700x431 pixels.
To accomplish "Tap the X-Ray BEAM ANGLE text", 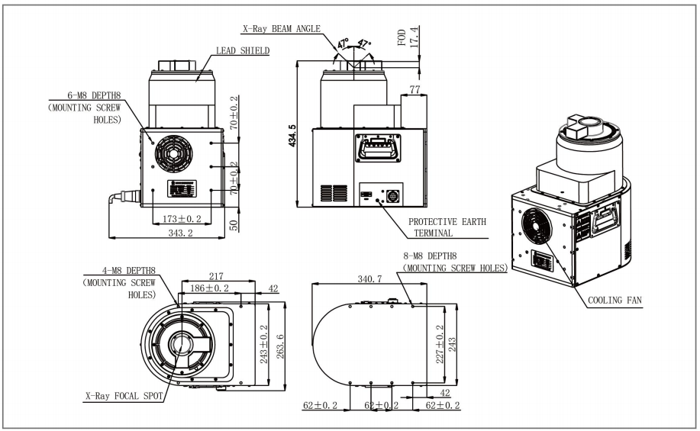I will pyautogui.click(x=282, y=29).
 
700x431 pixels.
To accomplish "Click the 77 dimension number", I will pyautogui.click(x=415, y=90).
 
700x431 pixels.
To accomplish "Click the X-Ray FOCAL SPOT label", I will pyautogui.click(x=124, y=397).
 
